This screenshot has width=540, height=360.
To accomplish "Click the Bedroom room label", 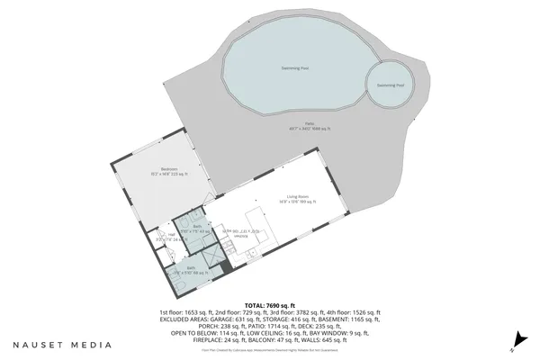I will click(169, 169).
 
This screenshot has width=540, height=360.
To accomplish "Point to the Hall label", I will click(171, 234).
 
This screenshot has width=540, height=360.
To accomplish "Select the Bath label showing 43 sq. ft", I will click(186, 226).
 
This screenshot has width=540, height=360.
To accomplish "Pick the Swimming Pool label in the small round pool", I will click(390, 85).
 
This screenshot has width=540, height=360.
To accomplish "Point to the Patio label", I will click(309, 123).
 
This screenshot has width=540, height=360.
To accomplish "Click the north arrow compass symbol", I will click(517, 340).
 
